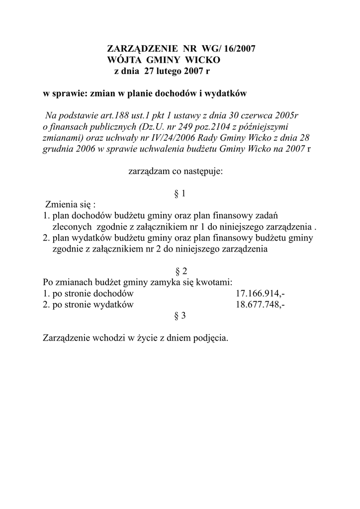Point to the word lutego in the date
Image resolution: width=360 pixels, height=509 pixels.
(172, 71)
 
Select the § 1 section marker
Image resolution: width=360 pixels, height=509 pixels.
(180, 194)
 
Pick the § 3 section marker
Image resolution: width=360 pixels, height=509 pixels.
(180, 316)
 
